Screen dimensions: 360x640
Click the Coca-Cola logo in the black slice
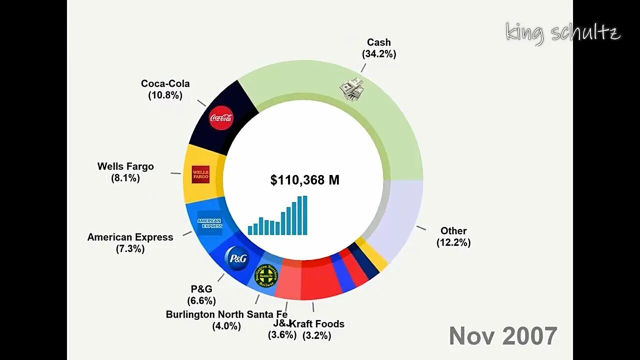[x=221, y=118]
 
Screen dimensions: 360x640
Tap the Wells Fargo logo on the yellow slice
[x=200, y=174]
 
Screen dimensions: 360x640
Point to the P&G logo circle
[x=236, y=258]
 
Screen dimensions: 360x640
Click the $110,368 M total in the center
[x=304, y=180]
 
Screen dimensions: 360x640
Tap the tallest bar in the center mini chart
[x=304, y=215]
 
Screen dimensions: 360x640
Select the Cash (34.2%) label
[x=379, y=48]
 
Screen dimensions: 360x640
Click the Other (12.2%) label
[x=453, y=236]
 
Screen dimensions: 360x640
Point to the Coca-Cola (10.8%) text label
[x=165, y=89]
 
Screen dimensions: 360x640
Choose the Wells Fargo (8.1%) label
[x=125, y=172]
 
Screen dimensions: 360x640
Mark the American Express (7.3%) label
[x=130, y=242]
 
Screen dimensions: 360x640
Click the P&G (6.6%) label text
[x=201, y=294]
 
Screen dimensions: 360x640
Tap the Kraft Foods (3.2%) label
[x=316, y=329]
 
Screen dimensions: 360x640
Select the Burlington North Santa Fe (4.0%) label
[x=226, y=320]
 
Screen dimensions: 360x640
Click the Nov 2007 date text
[x=502, y=336]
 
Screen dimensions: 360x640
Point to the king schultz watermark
[x=562, y=33]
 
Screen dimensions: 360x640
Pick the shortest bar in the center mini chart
[x=250, y=230]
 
